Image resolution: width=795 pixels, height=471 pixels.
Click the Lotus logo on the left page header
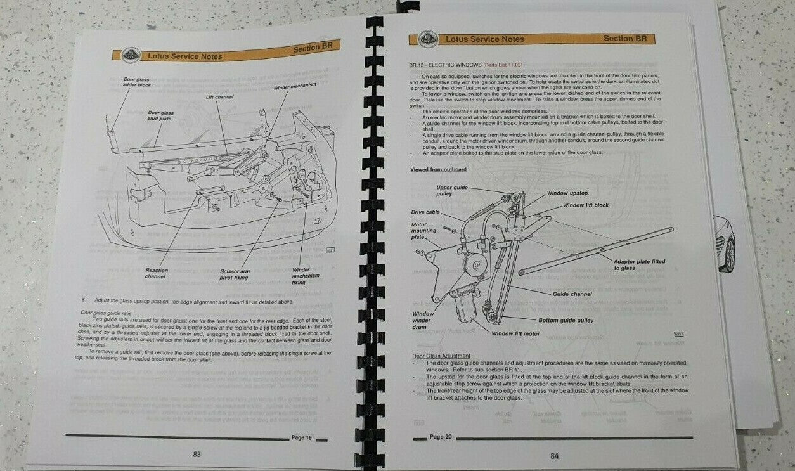click(124, 56)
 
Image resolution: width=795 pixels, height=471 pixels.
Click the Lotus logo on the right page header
click(428, 39)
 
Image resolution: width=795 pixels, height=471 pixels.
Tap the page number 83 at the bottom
click(197, 454)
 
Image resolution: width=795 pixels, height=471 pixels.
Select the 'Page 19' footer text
click(302, 437)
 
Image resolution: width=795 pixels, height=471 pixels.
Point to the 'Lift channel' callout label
click(219, 97)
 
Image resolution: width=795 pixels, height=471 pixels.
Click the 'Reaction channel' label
click(156, 273)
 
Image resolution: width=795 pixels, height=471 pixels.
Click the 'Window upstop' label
click(567, 193)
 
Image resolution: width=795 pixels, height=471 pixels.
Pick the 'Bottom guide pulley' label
click(566, 320)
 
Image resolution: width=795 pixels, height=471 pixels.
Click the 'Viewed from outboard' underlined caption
click(438, 169)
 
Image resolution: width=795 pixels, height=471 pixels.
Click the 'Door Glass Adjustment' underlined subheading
click(441, 356)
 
